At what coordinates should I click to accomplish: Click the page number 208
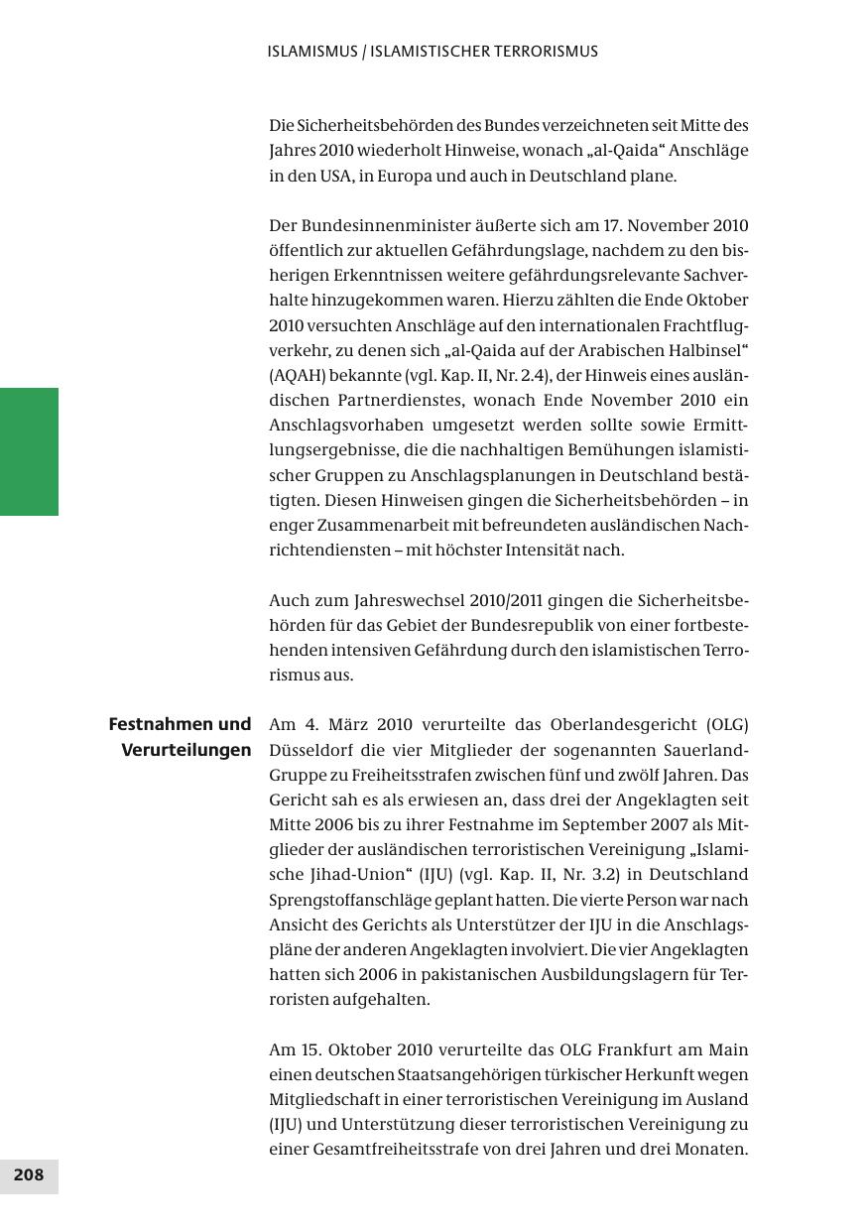(x=29, y=1175)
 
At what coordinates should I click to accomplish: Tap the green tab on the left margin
(x=29, y=451)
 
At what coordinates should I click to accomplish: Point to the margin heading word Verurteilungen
(x=186, y=750)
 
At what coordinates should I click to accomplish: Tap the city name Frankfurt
(x=644, y=1050)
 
